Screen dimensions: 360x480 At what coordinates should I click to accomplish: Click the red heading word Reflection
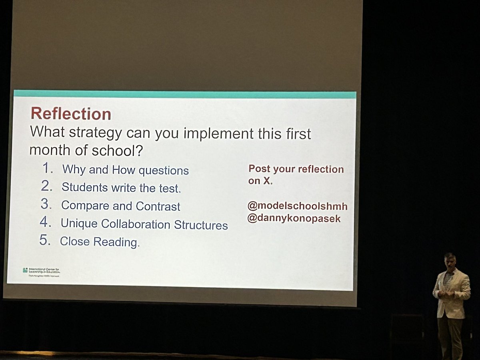pos(71,114)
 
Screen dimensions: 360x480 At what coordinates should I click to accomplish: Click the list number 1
pos(48,169)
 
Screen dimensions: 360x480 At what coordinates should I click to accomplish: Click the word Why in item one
pos(74,170)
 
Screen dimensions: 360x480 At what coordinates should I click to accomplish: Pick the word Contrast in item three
pos(158,206)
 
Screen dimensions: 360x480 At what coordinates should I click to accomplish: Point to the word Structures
pos(201,225)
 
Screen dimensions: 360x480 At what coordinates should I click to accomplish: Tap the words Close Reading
pos(99,242)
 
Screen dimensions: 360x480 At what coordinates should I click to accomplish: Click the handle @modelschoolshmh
pos(297,206)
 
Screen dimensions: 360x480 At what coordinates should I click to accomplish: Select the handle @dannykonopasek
pos(294,219)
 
